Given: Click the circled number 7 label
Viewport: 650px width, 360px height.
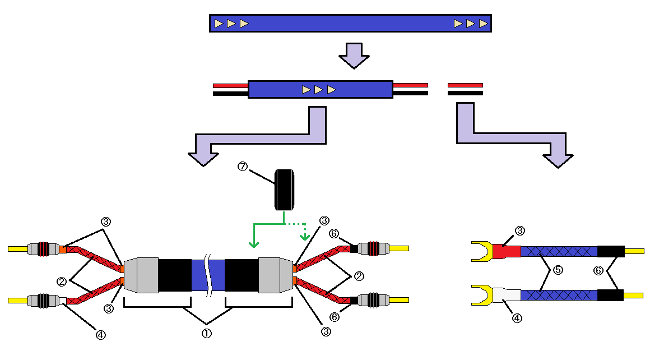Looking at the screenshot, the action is [x=243, y=167].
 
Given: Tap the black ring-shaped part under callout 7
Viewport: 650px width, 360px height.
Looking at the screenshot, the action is [x=285, y=190].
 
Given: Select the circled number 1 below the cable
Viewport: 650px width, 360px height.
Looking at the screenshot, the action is [x=206, y=333].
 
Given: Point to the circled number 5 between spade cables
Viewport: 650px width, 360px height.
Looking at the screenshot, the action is [x=558, y=270].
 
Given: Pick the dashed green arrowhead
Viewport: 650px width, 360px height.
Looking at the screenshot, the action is [x=305, y=237].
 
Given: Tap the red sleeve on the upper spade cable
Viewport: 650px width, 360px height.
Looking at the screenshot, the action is [x=507, y=251].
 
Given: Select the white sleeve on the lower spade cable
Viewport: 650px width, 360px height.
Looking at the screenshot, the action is [x=507, y=295].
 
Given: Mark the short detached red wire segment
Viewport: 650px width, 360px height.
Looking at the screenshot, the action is [x=465, y=85].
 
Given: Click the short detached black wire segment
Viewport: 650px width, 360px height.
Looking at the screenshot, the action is [x=465, y=93].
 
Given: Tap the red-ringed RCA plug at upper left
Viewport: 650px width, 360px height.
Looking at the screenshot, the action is [x=43, y=249].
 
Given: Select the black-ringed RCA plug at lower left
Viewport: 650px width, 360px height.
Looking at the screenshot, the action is [x=43, y=300].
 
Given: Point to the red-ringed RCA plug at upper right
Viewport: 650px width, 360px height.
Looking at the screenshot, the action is [x=374, y=248].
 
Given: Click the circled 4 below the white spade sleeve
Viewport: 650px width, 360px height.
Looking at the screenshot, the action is [x=517, y=318].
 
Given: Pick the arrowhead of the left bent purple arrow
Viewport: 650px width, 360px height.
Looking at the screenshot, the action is [x=203, y=159].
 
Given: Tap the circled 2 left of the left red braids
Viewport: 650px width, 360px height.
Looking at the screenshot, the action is [x=61, y=281].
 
